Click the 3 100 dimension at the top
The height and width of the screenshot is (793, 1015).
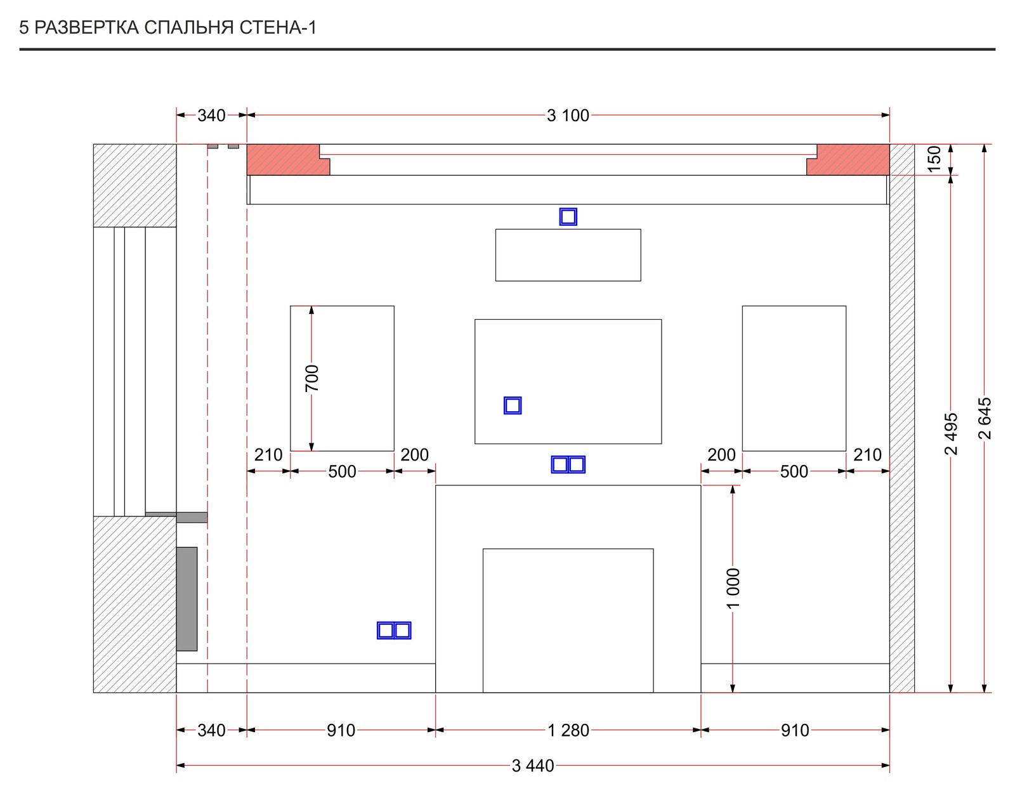coord(568,115)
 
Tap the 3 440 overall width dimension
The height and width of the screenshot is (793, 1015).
coord(532,766)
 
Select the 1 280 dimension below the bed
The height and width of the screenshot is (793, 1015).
coord(568,730)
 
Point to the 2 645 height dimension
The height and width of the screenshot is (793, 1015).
coord(984,418)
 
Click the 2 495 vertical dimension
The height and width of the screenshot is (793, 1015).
coord(950,434)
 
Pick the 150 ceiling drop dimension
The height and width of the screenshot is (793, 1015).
coord(934,159)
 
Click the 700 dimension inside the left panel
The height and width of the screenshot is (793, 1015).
coord(311,378)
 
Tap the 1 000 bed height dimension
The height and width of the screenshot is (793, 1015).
coord(733,588)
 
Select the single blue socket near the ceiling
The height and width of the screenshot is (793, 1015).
coord(568,217)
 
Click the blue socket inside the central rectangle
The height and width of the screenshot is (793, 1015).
coord(513,405)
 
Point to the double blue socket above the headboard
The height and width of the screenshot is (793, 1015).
coord(568,464)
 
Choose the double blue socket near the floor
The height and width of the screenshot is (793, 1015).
coord(394,631)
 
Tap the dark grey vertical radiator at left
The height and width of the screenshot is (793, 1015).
coord(187,599)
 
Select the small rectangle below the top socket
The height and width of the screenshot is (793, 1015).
coord(568,255)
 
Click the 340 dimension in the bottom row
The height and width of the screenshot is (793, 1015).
coord(211,730)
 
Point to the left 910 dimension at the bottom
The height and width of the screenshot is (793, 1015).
coord(341,730)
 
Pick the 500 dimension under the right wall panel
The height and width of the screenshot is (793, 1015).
coord(794,472)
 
